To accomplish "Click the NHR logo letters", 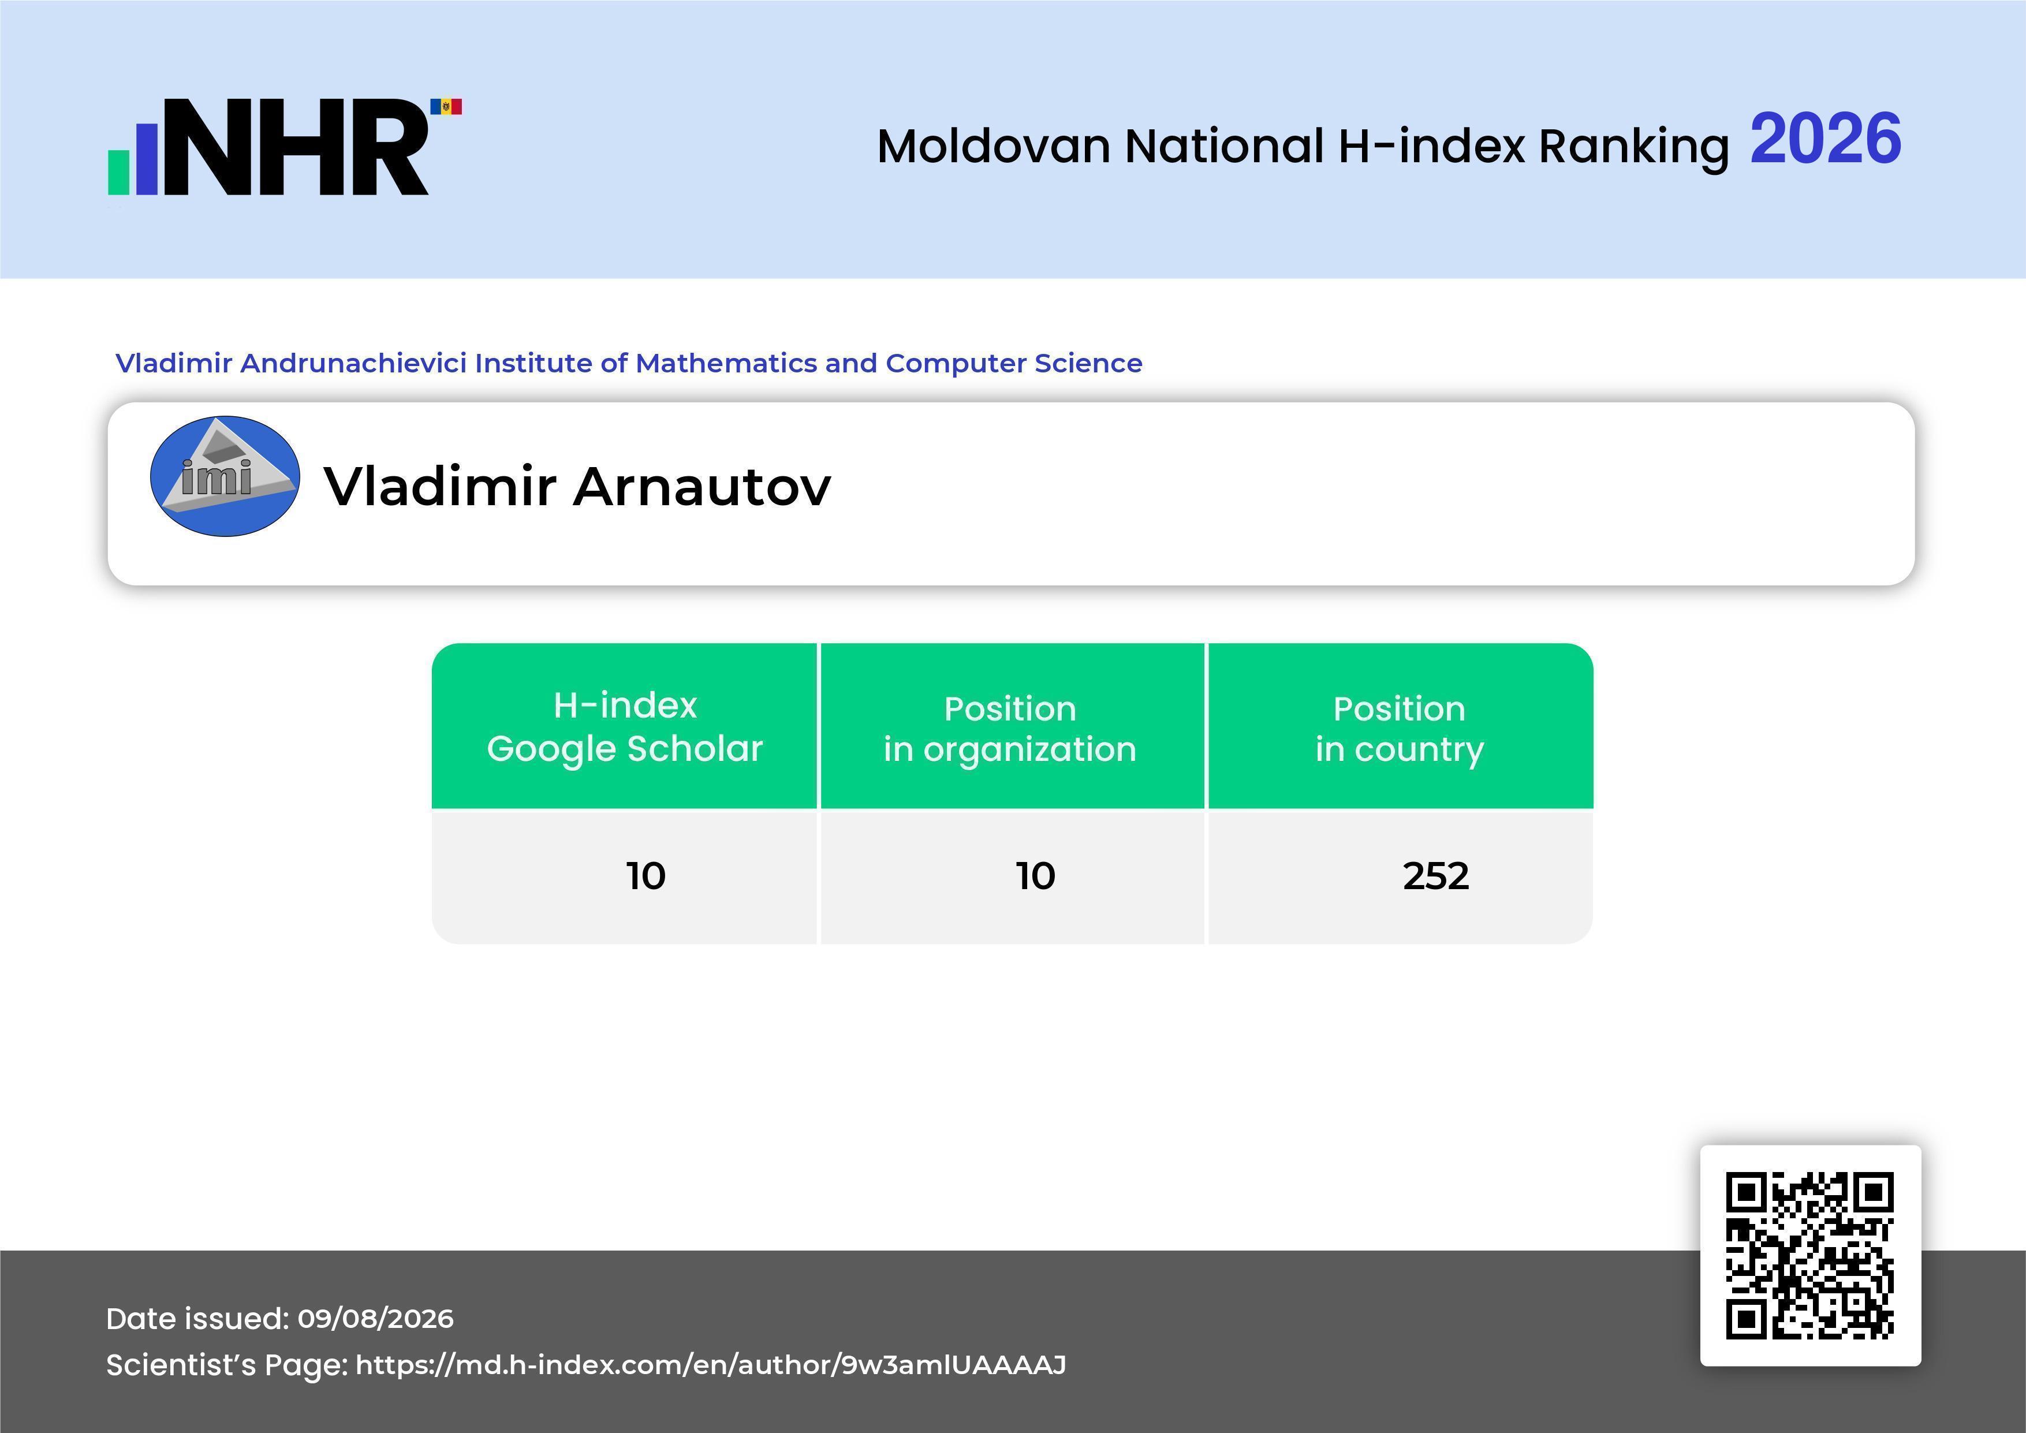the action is click(x=296, y=147).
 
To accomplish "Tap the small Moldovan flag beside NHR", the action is click(x=446, y=107).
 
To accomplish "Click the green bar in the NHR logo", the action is click(x=118, y=172).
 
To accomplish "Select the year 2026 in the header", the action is click(x=1825, y=139).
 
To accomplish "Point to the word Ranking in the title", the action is click(x=1633, y=147).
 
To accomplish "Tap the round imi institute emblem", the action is click(x=225, y=476).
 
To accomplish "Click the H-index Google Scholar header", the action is click(x=625, y=726).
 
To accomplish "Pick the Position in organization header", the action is click(x=1010, y=729).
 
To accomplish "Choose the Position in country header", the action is click(x=1400, y=729).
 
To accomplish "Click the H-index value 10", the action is click(x=646, y=876).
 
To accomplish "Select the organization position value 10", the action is click(x=1035, y=876).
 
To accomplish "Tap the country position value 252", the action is click(x=1436, y=876).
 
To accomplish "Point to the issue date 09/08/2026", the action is click(x=375, y=1318).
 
